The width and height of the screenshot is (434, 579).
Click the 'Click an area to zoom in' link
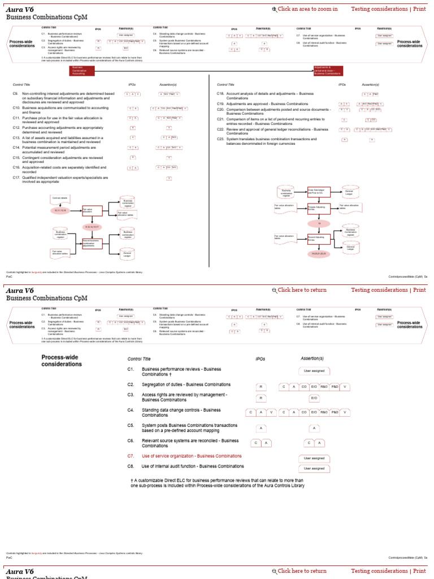pos(307,9)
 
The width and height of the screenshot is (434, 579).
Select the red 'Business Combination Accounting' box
pos(81,71)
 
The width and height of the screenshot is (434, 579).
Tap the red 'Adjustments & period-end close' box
pos(328,71)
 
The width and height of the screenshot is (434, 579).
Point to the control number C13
pos(16,137)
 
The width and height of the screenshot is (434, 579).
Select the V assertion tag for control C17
pos(168,178)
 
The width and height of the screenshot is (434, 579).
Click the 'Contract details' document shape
pos(60,198)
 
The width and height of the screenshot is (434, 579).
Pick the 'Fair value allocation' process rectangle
pos(92,210)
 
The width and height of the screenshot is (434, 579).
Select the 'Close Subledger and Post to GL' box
pos(318,192)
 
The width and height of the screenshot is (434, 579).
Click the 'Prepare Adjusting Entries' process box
pos(318,208)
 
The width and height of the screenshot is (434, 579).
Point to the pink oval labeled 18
pos(319,224)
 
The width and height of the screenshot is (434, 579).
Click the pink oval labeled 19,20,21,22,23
pos(319,253)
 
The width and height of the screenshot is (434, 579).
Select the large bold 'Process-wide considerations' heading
pos(60,361)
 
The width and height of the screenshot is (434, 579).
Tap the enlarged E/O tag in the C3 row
pos(314,398)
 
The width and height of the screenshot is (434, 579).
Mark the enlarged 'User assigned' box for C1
pos(314,371)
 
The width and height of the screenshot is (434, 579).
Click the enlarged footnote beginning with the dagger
pos(218,483)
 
